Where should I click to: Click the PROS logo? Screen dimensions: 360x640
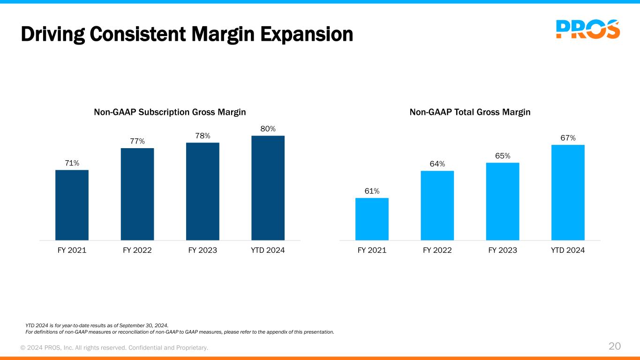587,29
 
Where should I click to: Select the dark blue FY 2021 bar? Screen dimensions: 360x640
72,205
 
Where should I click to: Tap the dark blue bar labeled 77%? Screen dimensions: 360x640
137,194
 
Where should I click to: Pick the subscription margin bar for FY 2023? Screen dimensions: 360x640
203,191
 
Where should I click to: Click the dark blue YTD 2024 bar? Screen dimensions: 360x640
268,188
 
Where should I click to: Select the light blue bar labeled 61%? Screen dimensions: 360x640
372,219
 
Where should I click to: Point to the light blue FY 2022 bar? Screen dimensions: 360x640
437,205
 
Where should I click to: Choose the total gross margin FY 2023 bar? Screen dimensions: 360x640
503,202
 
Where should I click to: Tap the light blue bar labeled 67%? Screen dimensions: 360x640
568,193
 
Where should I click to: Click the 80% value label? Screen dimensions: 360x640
268,128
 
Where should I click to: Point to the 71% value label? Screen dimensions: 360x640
72,163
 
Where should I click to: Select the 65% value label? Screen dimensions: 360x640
503,156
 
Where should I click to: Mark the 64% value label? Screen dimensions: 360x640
437,164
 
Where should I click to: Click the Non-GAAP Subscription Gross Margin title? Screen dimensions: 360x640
170,112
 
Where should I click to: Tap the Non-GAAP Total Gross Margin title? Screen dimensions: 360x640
470,112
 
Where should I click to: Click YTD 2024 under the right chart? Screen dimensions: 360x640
568,250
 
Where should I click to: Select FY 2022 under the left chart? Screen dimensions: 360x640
137,250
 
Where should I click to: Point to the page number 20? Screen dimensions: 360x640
615,346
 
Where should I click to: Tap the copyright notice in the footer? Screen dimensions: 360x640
114,347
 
